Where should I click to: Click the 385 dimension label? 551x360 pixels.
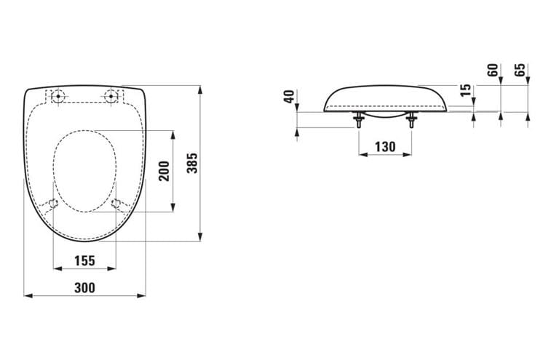click(x=192, y=163)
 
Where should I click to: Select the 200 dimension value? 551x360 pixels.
click(x=164, y=171)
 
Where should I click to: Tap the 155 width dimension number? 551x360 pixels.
click(x=84, y=260)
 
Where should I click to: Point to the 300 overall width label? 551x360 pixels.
click(x=84, y=288)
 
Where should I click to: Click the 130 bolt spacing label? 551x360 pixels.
click(x=385, y=147)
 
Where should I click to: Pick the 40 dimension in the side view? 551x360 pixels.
click(x=289, y=96)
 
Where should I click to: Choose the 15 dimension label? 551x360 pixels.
click(x=465, y=90)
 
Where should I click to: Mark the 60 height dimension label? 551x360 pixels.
click(x=493, y=70)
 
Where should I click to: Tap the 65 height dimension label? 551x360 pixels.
click(x=520, y=70)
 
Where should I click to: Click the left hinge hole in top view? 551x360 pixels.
click(x=58, y=96)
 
